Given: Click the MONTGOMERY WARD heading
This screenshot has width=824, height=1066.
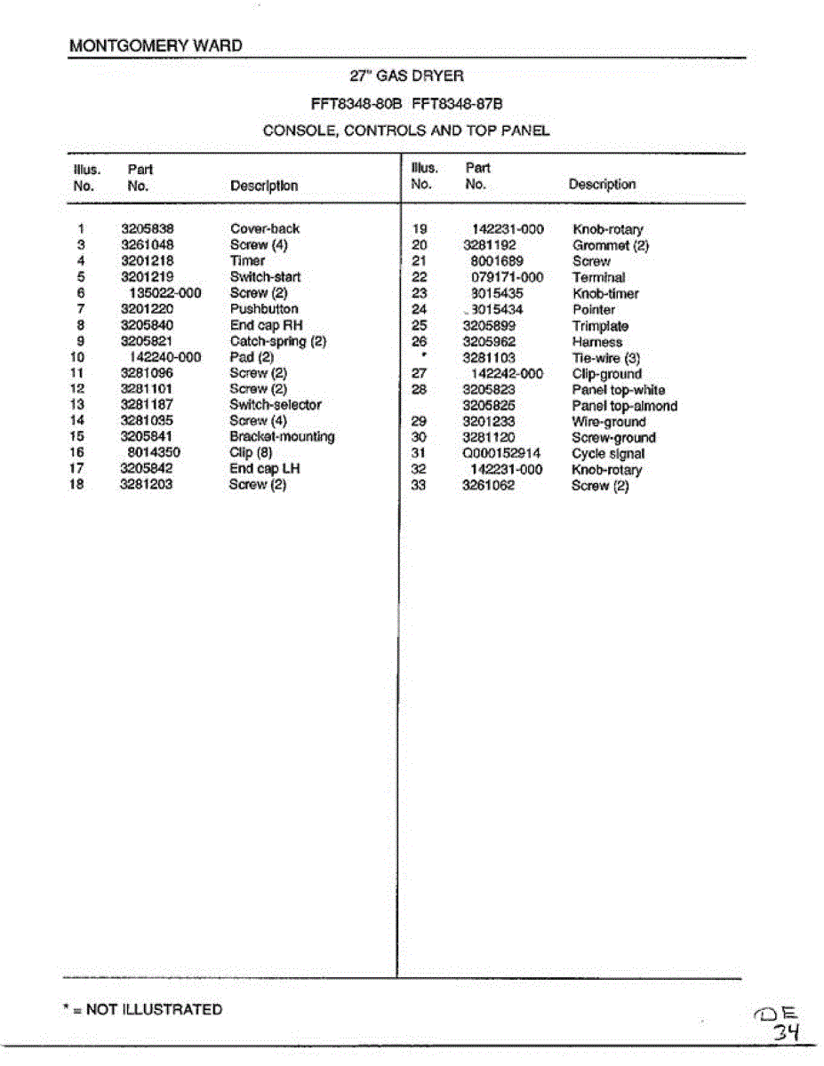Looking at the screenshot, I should tap(156, 46).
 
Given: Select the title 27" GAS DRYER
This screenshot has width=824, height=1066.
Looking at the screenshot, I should tap(407, 76).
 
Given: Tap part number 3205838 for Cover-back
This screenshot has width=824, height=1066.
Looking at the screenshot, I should tap(148, 229).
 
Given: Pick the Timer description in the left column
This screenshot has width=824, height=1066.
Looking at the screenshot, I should tap(247, 261).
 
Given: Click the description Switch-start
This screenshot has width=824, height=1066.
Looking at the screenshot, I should tap(265, 277).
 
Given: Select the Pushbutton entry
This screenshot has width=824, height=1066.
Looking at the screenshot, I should tap(264, 309).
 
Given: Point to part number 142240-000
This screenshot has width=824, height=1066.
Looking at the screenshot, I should tap(165, 357).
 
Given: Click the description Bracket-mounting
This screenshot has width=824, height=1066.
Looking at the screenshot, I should tap(282, 437).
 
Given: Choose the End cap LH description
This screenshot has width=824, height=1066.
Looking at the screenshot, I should tap(265, 469).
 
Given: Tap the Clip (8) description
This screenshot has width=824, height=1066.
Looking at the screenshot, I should tap(251, 453).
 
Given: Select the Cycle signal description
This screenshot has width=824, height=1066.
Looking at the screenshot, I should tap(608, 454).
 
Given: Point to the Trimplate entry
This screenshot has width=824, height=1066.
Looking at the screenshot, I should tap(600, 326).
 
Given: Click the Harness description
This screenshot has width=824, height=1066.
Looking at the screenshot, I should tap(597, 342).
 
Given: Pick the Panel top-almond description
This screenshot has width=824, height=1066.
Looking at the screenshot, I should tap(624, 406).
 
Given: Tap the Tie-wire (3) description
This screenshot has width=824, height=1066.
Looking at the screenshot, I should tap(606, 358).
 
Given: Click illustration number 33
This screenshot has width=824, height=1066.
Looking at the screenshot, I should tap(420, 486).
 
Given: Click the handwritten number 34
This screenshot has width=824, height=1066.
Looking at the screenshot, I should tap(787, 1032).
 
